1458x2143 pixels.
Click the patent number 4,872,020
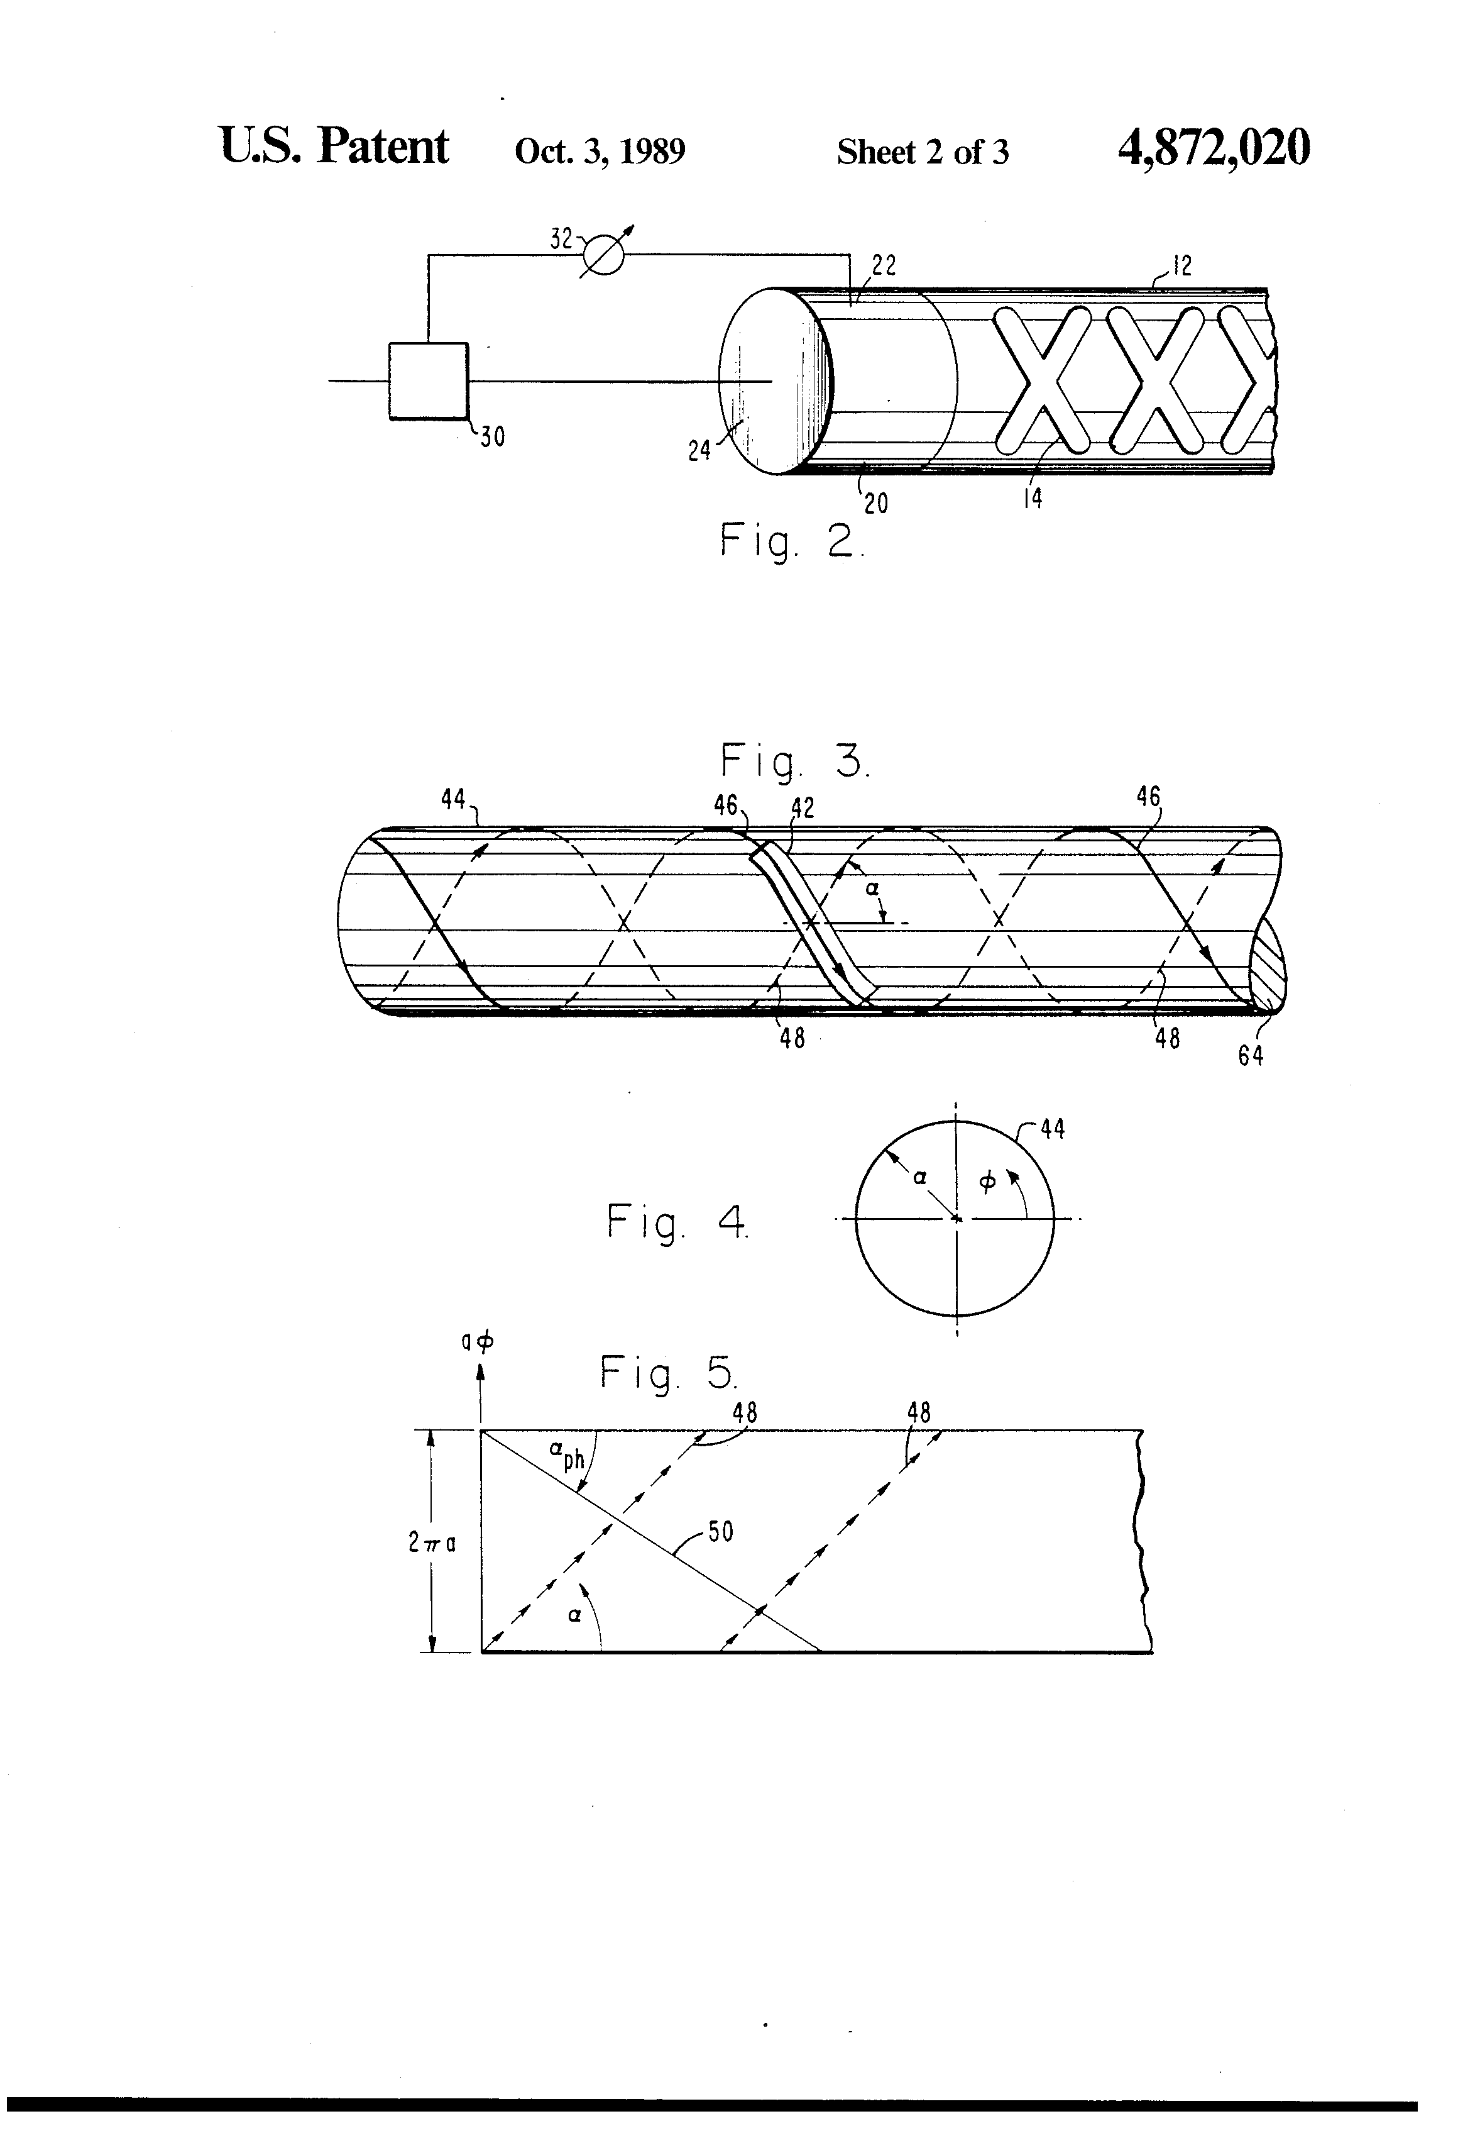tap(1213, 148)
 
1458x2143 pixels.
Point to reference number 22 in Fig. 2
tap(883, 267)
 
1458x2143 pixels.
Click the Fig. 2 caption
tap(791, 541)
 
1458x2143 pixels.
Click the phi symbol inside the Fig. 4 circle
tap(987, 1182)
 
